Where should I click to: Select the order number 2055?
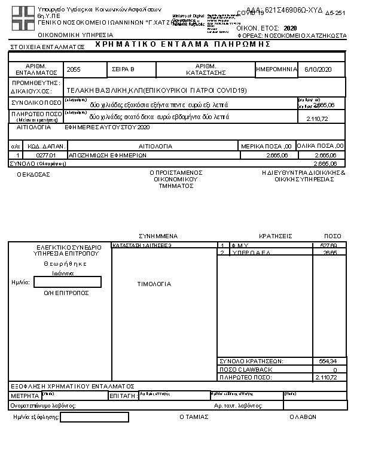[74, 69]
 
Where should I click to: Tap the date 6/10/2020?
[318, 69]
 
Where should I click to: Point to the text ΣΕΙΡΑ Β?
[124, 69]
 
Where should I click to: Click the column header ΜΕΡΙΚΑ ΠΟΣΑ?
[266, 146]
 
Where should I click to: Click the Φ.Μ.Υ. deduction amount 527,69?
[329, 245]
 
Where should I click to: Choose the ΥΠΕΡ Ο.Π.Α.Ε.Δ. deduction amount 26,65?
[330, 253]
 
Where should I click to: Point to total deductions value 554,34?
[328, 361]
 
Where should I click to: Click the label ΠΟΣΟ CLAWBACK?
[246, 369]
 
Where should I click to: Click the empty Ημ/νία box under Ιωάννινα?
[68, 282]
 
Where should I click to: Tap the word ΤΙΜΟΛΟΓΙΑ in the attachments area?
[154, 284]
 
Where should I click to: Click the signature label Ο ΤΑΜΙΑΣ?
[194, 417]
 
